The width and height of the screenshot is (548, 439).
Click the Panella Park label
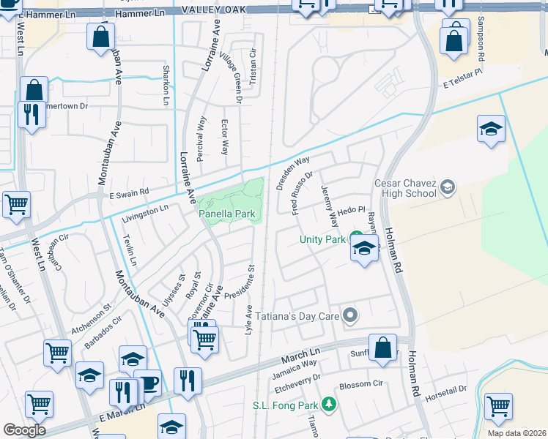click(227, 214)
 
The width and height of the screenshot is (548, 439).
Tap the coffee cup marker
click(149, 384)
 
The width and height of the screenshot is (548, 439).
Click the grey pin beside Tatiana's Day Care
click(350, 316)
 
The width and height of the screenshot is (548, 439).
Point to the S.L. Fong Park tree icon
click(330, 404)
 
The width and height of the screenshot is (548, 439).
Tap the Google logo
click(24, 429)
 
